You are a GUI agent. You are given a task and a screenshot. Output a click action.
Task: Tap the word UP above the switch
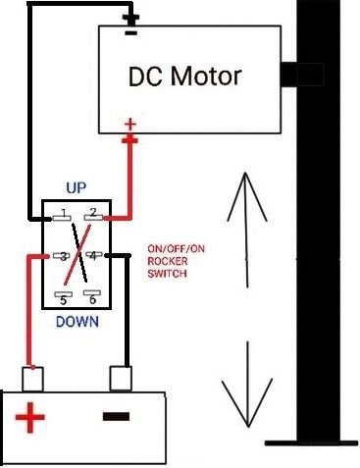pos(75,186)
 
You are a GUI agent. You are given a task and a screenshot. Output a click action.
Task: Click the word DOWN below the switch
pos(76,319)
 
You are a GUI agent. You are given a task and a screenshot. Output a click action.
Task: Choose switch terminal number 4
pos(93,257)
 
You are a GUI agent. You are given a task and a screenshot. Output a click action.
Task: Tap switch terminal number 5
pos(62,295)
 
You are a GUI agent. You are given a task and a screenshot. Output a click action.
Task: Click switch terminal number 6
pos(91,295)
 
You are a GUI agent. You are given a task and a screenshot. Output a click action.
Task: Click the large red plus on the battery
pos(31,420)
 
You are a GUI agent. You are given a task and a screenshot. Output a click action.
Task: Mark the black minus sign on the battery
pos(115,417)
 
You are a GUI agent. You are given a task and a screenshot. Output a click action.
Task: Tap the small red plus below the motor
pos(129,124)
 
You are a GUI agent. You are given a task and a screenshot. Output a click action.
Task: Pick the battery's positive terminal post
pos(34,378)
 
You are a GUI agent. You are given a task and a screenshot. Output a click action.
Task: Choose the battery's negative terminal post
pos(120,378)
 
